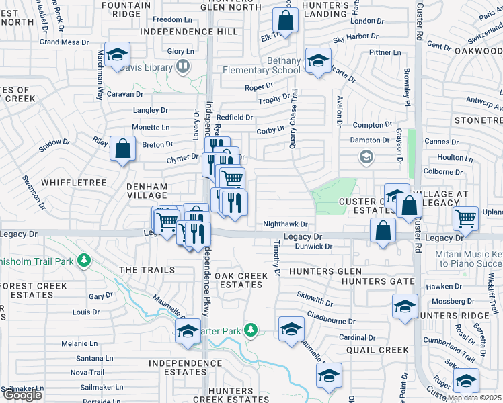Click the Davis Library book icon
182,66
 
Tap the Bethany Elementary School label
284,65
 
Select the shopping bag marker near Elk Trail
286,21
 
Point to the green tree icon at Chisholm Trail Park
84,259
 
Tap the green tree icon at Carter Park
251,330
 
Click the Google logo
22,396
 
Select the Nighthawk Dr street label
285,224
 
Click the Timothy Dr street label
276,260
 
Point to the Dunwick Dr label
314,247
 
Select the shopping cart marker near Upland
465,218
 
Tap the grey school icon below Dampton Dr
366,158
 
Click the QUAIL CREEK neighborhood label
377,350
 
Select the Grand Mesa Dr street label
65,42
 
